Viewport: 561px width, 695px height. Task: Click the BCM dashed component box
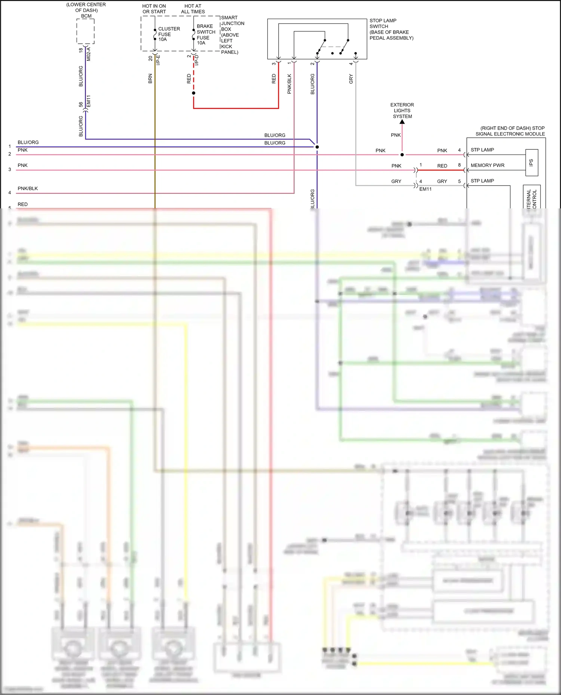[x=85, y=31]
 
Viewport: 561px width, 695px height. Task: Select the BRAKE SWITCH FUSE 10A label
[x=206, y=35]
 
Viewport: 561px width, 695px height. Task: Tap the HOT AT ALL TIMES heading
[x=193, y=9]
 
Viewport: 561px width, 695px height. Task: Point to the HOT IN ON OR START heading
[x=154, y=9]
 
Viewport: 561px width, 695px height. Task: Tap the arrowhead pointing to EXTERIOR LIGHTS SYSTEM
[x=402, y=122]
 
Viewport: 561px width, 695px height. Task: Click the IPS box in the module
[x=531, y=162]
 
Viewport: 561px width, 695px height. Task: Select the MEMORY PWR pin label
[x=487, y=165]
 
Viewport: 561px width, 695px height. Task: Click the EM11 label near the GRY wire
[x=425, y=189]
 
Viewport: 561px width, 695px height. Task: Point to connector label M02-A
[x=89, y=54]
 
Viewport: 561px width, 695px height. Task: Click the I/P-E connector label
[x=158, y=60]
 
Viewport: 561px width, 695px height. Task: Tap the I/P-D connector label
[x=197, y=60]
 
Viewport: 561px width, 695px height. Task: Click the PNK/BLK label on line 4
[x=28, y=189]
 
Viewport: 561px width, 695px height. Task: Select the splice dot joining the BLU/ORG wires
[x=317, y=147]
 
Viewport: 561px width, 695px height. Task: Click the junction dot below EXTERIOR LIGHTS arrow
[x=402, y=155]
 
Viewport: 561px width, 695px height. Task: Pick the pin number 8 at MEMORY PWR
[x=459, y=165]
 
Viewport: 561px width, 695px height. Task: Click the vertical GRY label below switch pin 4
[x=351, y=79]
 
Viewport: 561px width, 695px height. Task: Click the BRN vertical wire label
[x=150, y=78]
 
